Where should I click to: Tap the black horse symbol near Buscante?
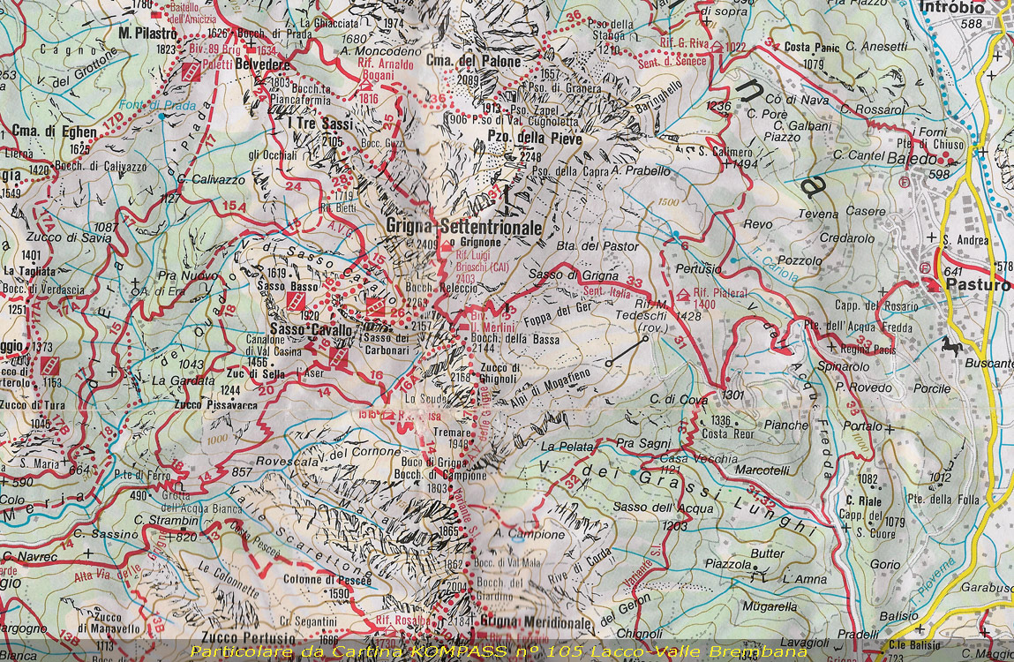(951, 345)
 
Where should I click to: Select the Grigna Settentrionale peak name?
(462, 228)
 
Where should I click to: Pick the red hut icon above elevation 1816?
(369, 86)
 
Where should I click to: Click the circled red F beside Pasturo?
(925, 267)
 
